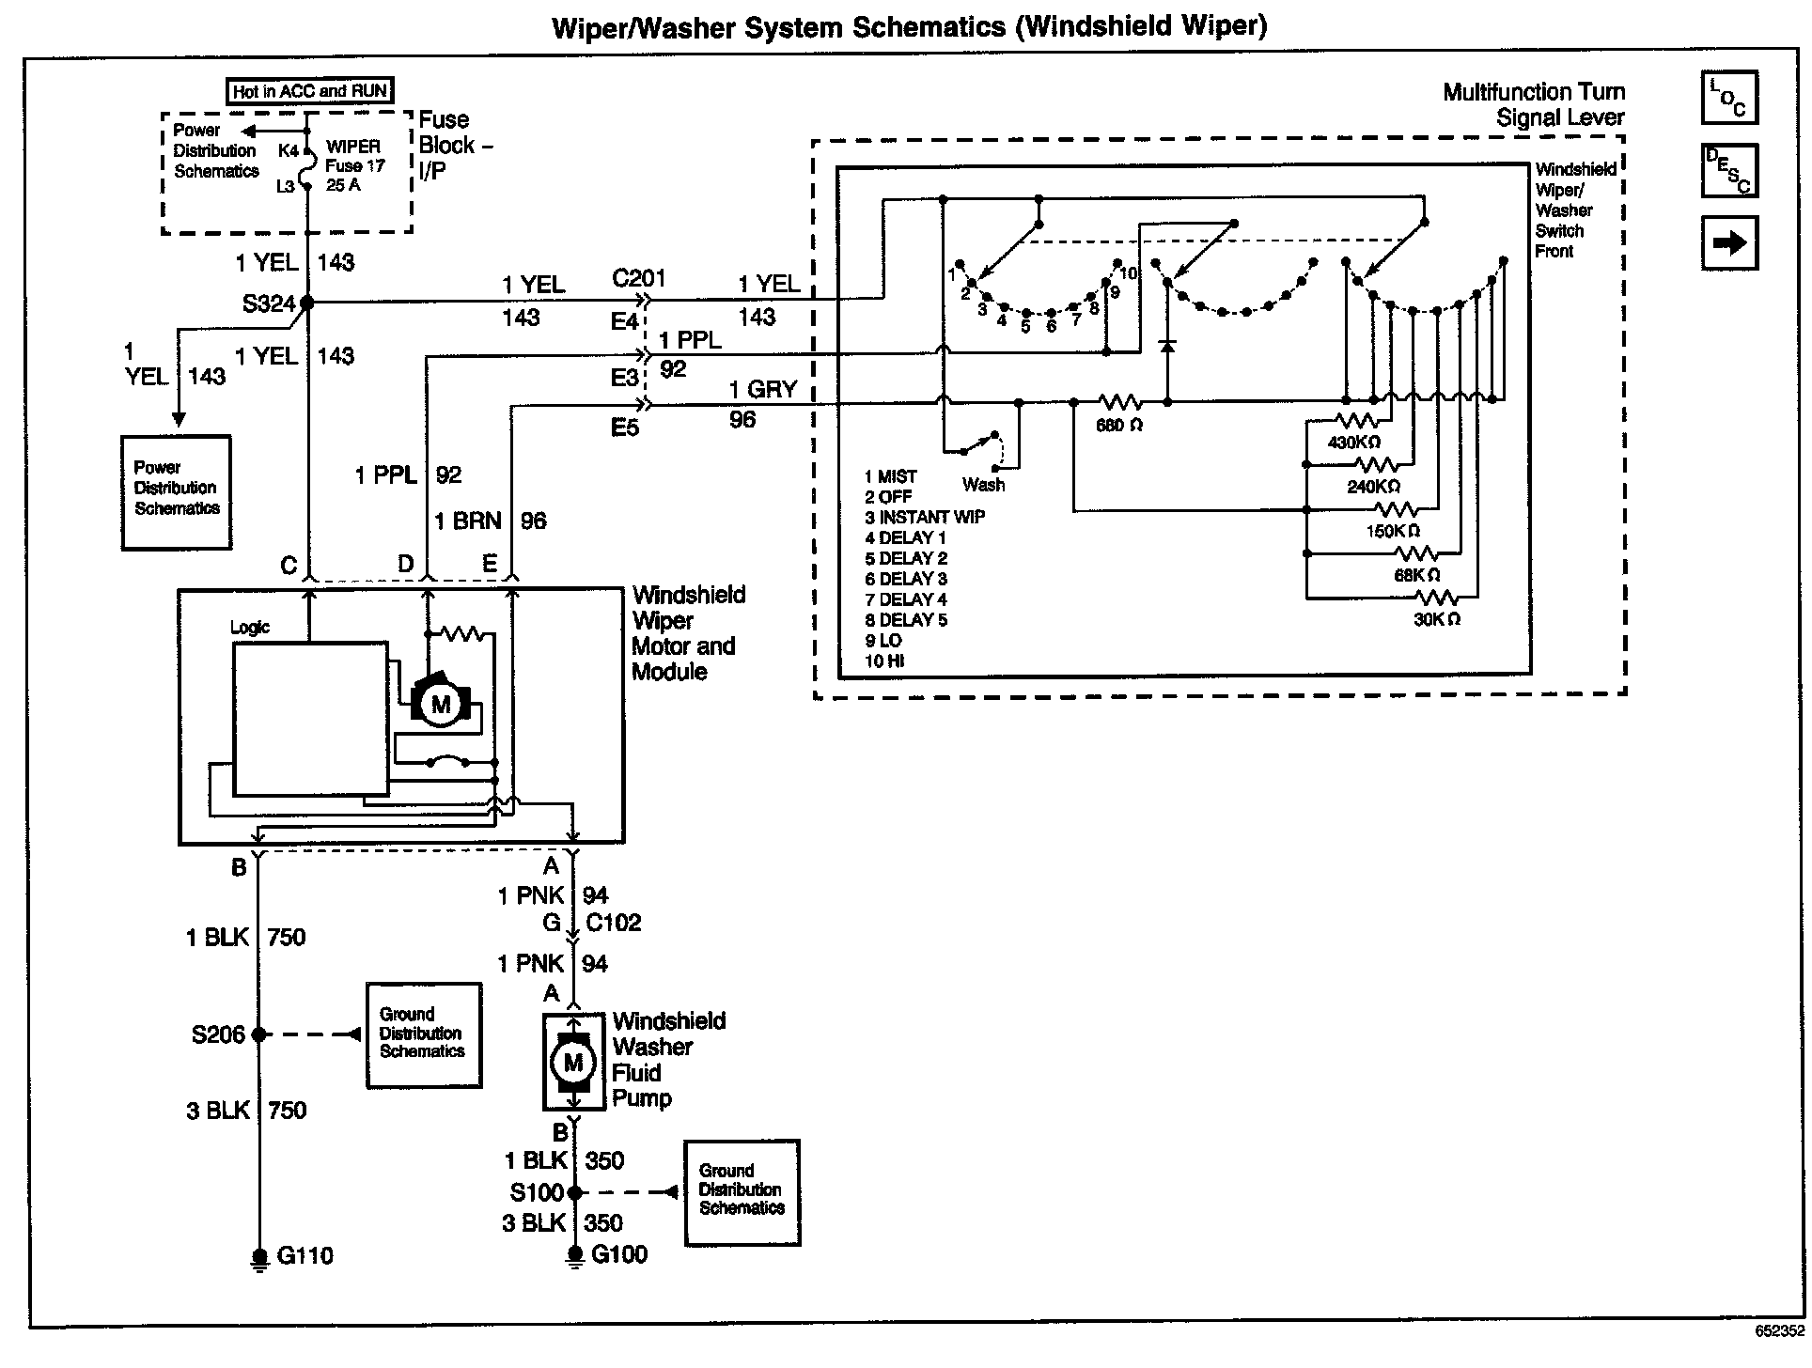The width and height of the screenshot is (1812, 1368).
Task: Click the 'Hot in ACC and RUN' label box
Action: pyautogui.click(x=309, y=91)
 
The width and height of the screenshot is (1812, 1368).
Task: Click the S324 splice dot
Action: pyautogui.click(x=306, y=303)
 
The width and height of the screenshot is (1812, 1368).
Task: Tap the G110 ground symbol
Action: pyautogui.click(x=260, y=1257)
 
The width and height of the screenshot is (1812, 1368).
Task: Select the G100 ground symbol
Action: pyautogui.click(x=574, y=1256)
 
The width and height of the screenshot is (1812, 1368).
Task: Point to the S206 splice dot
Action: pyautogui.click(x=260, y=1034)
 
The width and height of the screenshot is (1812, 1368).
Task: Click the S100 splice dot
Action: pyautogui.click(x=574, y=1192)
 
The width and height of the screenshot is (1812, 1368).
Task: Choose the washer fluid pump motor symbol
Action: pyautogui.click(x=573, y=1063)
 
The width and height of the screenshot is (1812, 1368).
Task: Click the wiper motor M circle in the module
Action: pyautogui.click(x=440, y=705)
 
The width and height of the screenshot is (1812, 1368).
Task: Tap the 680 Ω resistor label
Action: pyautogui.click(x=1118, y=425)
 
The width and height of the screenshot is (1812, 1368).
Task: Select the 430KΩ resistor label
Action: pyautogui.click(x=1353, y=442)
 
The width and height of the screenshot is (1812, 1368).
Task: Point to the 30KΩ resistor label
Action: pyautogui.click(x=1436, y=619)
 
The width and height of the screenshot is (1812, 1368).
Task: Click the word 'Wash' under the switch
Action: pyautogui.click(x=983, y=485)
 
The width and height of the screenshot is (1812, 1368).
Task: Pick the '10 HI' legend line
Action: pyautogui.click(x=883, y=661)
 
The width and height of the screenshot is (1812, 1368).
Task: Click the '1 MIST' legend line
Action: pyautogui.click(x=890, y=476)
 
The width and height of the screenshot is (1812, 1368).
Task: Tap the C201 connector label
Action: pyautogui.click(x=638, y=278)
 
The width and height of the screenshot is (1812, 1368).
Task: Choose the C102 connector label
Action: pyautogui.click(x=613, y=923)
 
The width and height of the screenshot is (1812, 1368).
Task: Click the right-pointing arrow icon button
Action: pyautogui.click(x=1728, y=243)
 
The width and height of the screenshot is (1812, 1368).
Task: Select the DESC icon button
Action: pyautogui.click(x=1728, y=170)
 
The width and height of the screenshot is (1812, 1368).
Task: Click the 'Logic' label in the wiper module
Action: pyautogui.click(x=250, y=628)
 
